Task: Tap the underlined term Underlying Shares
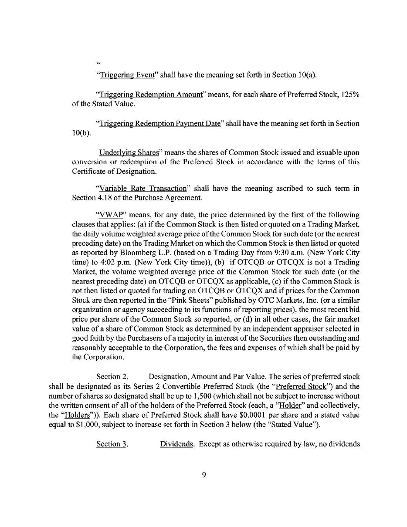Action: click(x=129, y=152)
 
